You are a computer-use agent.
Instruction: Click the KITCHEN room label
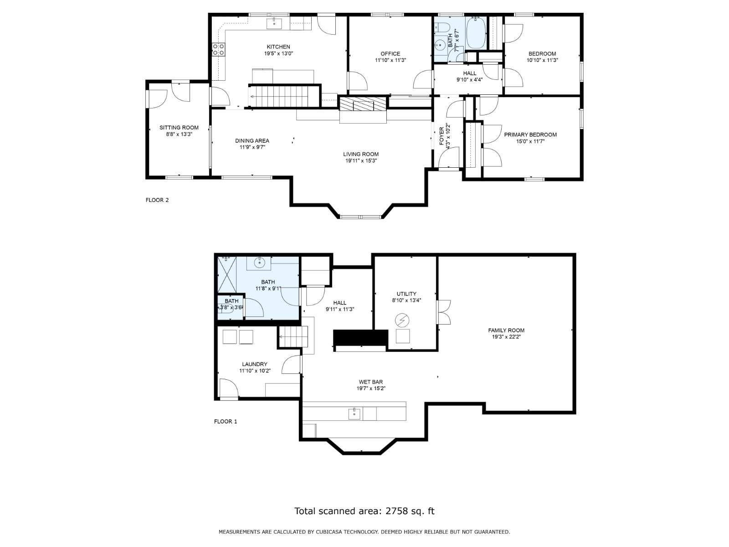(x=278, y=47)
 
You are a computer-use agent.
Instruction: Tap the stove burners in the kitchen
(x=218, y=50)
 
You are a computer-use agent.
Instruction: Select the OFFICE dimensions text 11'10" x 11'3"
(x=390, y=60)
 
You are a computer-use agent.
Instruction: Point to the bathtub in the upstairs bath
(x=476, y=33)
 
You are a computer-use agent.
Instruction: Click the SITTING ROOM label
(x=179, y=128)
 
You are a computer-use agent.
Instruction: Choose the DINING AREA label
(x=252, y=141)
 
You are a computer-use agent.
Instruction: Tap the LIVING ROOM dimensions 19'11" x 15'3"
(x=361, y=161)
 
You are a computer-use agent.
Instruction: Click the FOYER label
(x=442, y=136)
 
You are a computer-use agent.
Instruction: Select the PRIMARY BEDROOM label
(x=530, y=134)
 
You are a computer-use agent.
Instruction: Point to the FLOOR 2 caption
(x=157, y=200)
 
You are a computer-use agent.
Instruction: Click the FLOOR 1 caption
(x=226, y=422)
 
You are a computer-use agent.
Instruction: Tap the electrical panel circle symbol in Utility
(x=402, y=320)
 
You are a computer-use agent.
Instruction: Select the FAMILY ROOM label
(x=506, y=330)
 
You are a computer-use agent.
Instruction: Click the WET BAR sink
(x=354, y=414)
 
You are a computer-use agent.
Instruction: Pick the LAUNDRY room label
(x=255, y=364)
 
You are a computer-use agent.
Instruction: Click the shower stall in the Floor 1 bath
(x=226, y=274)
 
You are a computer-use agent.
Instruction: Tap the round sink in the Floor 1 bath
(x=259, y=263)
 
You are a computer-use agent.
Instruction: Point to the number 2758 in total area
(x=396, y=511)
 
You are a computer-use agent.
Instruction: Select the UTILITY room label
(x=406, y=294)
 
